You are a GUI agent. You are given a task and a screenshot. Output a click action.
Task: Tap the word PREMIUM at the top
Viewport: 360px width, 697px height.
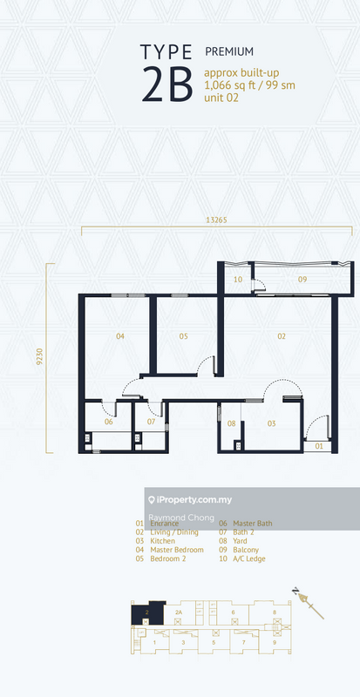224,52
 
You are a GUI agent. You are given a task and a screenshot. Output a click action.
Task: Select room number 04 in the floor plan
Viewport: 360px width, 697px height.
119,336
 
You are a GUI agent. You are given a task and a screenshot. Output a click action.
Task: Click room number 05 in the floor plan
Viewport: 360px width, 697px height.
184,336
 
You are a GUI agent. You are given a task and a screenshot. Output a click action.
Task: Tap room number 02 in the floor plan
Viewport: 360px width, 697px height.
282,336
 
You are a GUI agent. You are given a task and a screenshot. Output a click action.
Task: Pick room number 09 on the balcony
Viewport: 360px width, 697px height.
302,280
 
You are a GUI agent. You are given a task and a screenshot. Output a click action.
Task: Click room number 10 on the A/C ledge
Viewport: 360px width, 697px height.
237,280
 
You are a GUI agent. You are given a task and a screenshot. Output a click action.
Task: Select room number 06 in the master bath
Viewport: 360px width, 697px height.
109,422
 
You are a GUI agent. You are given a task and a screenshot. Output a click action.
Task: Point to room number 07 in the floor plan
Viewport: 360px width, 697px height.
151,422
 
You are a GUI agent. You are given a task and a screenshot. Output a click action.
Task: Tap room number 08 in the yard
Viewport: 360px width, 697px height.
232,423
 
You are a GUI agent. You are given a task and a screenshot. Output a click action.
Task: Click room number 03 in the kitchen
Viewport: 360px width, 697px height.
271,423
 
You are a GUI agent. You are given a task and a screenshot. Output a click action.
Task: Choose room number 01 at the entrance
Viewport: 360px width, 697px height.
318,446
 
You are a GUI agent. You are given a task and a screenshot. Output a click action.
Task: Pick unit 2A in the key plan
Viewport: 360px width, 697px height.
180,612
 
